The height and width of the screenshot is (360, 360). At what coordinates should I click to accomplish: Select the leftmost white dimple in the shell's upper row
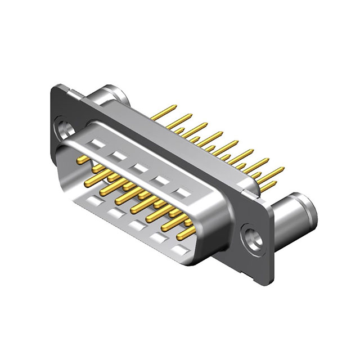[95, 145]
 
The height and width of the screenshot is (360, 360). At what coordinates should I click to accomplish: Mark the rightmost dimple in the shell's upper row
[183, 193]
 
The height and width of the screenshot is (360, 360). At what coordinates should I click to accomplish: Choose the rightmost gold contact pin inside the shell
[186, 231]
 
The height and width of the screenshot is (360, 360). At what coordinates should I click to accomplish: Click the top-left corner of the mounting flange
[55, 84]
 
